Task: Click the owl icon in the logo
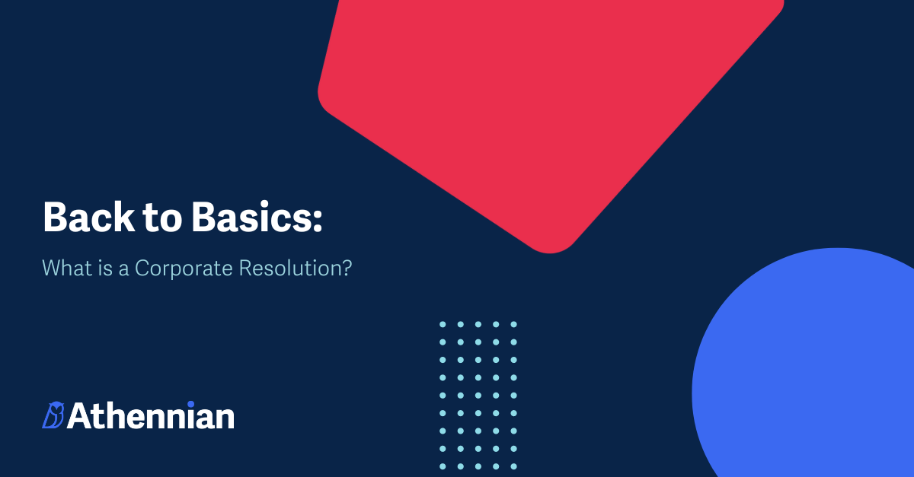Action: [53, 415]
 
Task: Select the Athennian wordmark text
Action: [151, 415]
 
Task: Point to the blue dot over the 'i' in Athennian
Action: [190, 404]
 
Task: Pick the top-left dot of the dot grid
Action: [443, 324]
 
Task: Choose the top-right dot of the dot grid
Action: [513, 324]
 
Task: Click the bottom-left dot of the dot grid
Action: [443, 466]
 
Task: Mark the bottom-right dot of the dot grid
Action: [513, 466]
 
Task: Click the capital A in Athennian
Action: [80, 416]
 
